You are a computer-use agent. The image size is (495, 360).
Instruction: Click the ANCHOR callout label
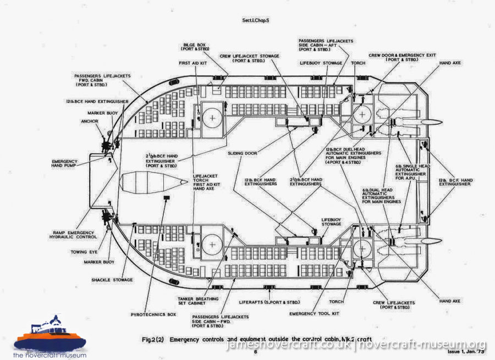[89, 121]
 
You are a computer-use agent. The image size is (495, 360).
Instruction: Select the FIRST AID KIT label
[192, 63]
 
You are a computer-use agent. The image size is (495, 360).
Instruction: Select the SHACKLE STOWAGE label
[112, 280]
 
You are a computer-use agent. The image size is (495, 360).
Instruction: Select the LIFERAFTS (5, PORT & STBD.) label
[266, 302]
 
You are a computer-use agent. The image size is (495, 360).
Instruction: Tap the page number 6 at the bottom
[255, 352]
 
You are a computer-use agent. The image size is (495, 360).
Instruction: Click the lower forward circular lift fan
[212, 244]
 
